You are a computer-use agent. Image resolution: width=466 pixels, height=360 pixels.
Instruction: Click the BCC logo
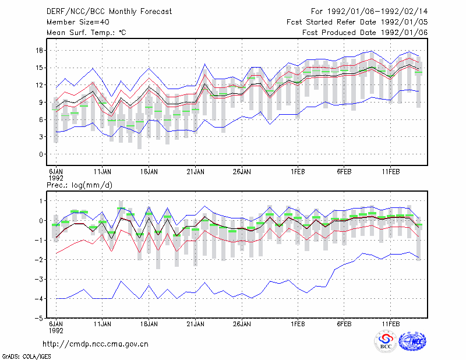click(386, 342)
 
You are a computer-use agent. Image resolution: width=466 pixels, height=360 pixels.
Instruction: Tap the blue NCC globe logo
click(412, 341)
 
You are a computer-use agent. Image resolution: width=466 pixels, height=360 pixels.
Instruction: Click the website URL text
click(96, 344)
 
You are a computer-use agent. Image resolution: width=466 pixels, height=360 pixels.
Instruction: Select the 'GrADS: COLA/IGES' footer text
click(26, 357)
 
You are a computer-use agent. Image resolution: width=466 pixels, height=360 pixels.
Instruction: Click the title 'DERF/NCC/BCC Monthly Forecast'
click(109, 12)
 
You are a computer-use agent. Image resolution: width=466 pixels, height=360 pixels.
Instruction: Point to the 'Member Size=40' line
click(78, 22)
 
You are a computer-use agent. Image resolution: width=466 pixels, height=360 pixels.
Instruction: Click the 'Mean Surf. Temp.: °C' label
click(86, 33)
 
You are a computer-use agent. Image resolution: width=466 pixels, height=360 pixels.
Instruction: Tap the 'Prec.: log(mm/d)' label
click(79, 185)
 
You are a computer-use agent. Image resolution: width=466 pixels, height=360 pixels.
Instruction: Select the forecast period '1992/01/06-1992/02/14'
click(377, 12)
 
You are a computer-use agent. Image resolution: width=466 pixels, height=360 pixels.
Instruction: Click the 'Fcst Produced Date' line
click(365, 33)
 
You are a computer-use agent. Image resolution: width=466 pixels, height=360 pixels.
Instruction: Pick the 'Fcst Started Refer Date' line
click(357, 22)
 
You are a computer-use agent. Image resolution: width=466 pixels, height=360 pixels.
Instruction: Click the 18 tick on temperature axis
click(39, 50)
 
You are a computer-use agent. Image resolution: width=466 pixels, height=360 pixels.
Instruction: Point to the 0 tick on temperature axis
click(41, 154)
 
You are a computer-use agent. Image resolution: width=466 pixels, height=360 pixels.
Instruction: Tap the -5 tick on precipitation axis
click(39, 318)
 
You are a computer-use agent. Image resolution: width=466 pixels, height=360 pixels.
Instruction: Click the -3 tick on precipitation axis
click(39, 279)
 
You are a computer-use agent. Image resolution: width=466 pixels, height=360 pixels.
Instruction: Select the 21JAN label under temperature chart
click(195, 172)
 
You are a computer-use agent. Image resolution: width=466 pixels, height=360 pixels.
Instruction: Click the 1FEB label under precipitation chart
click(298, 324)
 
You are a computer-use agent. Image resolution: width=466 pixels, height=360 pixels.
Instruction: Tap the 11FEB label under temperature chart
click(390, 172)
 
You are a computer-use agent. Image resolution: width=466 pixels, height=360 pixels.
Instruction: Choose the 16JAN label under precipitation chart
click(149, 324)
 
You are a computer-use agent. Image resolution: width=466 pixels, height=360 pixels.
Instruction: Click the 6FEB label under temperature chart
click(344, 172)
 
